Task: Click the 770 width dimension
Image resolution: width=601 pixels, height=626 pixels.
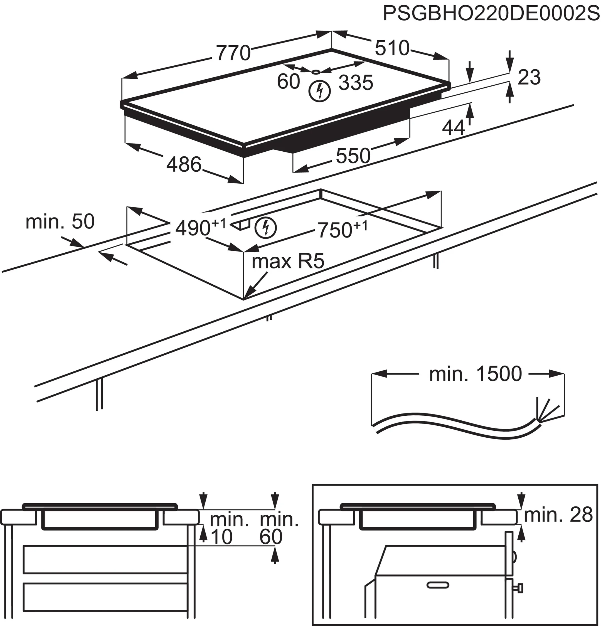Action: click(x=233, y=53)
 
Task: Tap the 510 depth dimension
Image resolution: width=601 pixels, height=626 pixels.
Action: click(x=392, y=48)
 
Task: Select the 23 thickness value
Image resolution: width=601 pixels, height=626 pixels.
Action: click(x=529, y=77)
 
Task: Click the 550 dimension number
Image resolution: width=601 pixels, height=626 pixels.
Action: click(x=353, y=156)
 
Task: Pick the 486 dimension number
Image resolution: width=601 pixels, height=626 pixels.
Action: click(x=184, y=165)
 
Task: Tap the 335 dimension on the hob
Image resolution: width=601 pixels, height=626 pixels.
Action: click(x=355, y=83)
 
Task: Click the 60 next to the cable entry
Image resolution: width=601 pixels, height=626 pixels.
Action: click(x=288, y=82)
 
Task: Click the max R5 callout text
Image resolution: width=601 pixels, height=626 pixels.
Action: click(x=287, y=262)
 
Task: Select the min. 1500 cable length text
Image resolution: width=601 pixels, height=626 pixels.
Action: click(x=475, y=374)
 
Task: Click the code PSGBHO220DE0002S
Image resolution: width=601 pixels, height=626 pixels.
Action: click(x=491, y=14)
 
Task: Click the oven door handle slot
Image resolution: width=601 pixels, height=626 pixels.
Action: click(x=438, y=585)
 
